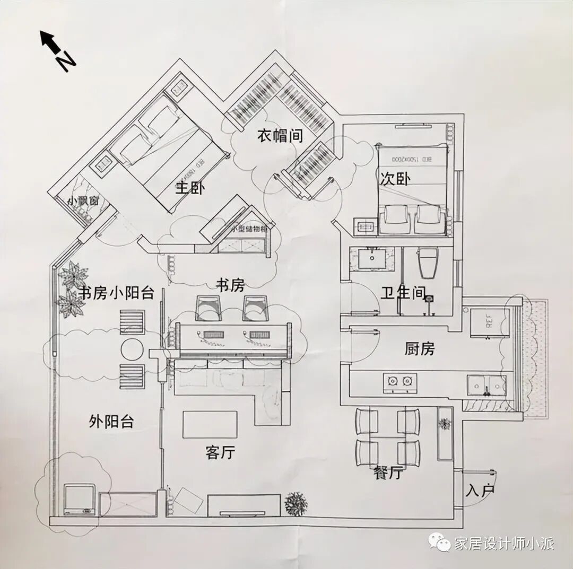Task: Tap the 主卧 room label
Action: pos(189,188)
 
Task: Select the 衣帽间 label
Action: pos(280,136)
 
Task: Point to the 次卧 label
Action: pos(395,179)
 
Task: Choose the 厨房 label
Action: pos(419,348)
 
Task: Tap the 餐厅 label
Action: pos(387,473)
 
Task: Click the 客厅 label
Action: pos(220,452)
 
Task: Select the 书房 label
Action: pos(230,286)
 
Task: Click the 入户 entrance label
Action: pos(479,490)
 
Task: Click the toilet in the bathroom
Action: pos(428,263)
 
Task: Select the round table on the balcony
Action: pos(132,349)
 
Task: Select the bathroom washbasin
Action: pos(372,260)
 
